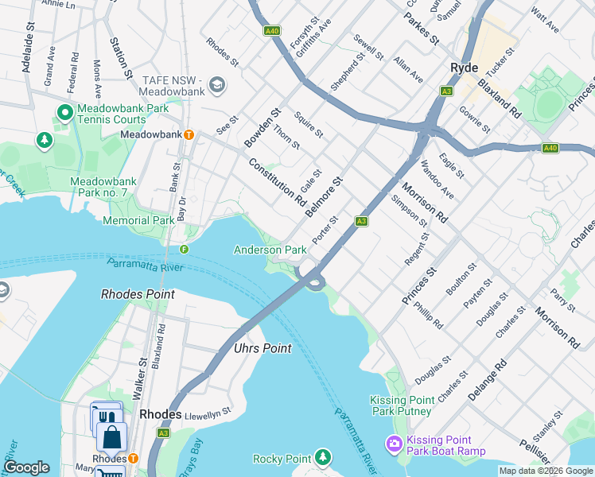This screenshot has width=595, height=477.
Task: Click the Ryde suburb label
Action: coord(463,68)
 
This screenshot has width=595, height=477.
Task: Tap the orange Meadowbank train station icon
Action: coord(189,134)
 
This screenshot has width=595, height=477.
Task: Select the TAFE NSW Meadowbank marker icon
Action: coord(216,84)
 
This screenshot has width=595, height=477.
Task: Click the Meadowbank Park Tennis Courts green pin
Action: coord(64,114)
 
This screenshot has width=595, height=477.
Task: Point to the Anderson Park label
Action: coord(270,250)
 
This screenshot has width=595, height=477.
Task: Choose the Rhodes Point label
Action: coord(138,294)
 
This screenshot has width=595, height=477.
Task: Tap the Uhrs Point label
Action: coord(262,348)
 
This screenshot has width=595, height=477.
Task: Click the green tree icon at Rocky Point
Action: coord(322,457)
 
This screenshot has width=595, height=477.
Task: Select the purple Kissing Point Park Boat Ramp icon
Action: coord(394,444)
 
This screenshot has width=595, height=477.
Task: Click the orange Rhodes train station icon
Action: coord(133,459)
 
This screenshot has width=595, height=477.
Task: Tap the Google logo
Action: coord(26,467)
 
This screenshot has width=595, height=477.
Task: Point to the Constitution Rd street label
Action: coord(277,182)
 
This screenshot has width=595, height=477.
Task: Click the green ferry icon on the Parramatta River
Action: coord(184,249)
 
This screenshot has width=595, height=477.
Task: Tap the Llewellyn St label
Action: coord(207,413)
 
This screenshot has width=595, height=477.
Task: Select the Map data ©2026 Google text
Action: coord(545,471)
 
